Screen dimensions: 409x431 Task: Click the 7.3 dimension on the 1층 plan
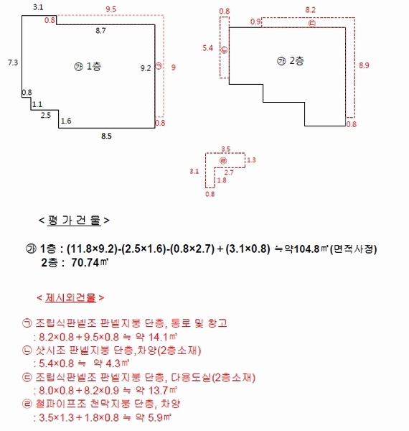click(x=13, y=62)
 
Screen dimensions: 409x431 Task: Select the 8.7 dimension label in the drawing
click(x=100, y=31)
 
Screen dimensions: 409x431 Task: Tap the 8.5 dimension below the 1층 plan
click(x=106, y=136)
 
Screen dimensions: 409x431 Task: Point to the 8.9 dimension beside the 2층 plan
click(x=364, y=65)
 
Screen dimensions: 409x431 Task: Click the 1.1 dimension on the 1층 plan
click(x=37, y=104)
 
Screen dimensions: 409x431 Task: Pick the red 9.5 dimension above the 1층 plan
click(x=111, y=9)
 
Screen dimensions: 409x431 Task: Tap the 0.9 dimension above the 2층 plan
click(x=255, y=22)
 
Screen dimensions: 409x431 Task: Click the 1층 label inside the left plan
click(x=94, y=66)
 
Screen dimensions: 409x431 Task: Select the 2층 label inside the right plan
click(x=297, y=61)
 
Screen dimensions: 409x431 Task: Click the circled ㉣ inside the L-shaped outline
click(x=223, y=160)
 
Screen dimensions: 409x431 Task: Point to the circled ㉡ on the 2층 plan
click(x=225, y=50)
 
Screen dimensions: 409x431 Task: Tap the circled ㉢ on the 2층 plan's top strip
click(x=312, y=24)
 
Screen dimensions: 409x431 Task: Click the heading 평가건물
click(x=74, y=221)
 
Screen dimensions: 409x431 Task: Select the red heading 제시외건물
click(x=70, y=297)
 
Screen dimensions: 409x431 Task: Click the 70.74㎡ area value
click(x=90, y=262)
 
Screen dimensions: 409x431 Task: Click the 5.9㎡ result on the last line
click(x=159, y=417)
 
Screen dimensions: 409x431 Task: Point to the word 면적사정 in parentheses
click(x=354, y=249)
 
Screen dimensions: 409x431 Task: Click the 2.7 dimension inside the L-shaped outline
click(x=229, y=172)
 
